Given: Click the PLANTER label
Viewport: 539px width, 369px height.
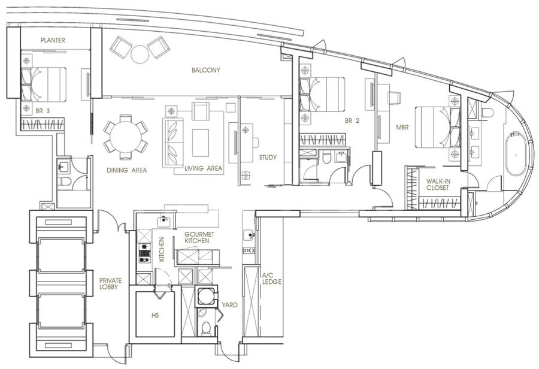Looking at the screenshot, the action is [53, 40].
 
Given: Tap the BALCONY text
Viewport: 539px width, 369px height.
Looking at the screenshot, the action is [205, 70].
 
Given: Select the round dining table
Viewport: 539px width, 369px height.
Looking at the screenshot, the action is [126, 137].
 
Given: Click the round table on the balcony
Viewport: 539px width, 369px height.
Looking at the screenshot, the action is [140, 54].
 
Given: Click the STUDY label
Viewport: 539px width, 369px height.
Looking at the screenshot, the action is [268, 158].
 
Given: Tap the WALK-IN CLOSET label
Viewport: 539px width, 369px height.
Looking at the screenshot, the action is [438, 184].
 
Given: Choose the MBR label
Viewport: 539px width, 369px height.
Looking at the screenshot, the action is [402, 127].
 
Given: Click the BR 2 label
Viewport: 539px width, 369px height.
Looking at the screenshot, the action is [352, 121].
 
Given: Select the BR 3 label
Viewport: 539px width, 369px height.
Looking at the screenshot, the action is [43, 111].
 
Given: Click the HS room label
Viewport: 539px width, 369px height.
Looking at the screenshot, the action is [155, 315].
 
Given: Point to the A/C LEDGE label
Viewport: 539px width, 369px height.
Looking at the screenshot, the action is [272, 279].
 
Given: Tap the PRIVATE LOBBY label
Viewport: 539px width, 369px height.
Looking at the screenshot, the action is [110, 284].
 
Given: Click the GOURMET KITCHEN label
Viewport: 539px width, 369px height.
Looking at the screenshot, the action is [199, 237].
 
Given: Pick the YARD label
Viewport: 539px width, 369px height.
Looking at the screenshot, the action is [229, 305].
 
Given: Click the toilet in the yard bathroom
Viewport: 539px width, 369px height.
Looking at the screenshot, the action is [206, 328].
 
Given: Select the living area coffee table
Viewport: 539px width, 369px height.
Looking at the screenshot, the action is [201, 143].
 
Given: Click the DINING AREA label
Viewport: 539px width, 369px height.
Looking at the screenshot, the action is [126, 170].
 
